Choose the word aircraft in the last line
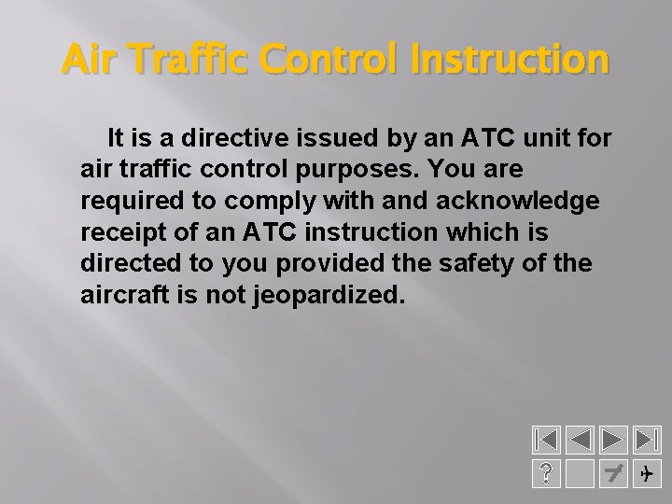(119, 294)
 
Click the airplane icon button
(646, 474)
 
